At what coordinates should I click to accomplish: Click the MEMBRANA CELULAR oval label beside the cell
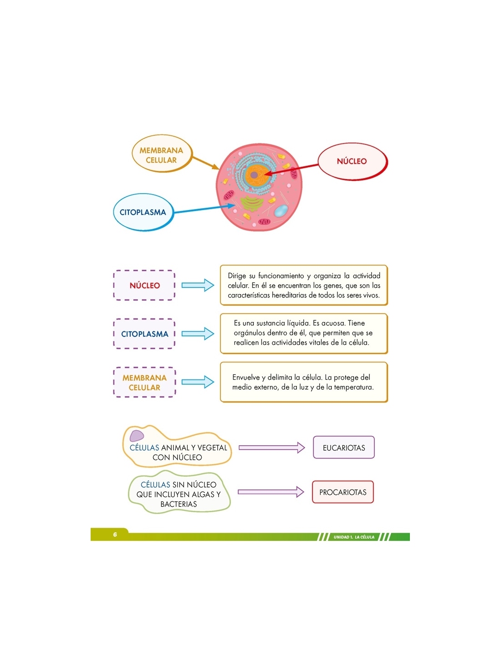161,154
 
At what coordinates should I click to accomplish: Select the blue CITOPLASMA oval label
143,212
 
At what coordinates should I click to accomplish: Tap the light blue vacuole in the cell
281,211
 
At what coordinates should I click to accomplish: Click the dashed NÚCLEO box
144,285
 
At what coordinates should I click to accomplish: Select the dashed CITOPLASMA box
144,334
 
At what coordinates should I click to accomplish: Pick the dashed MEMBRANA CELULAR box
144,382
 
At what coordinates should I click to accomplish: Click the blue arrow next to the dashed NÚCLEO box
198,285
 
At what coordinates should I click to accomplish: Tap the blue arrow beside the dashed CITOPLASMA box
198,334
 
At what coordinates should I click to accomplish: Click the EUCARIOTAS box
343,447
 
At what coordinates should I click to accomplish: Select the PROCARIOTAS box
343,492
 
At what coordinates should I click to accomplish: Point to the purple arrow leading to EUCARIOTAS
272,447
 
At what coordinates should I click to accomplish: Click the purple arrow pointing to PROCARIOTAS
271,492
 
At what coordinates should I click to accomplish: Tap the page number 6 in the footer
115,535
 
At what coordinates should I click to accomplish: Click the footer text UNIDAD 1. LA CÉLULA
354,537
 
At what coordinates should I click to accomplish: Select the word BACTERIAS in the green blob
179,504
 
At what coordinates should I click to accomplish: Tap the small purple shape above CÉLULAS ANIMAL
137,436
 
